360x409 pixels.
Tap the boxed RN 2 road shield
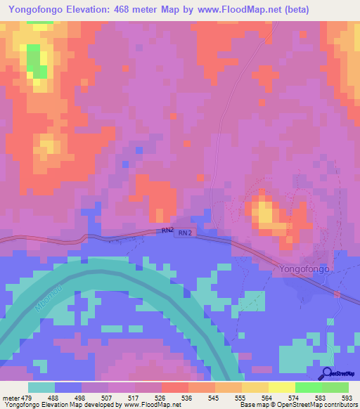tap(184, 233)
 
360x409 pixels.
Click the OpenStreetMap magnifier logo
tap(328, 374)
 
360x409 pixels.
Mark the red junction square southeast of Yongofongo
tap(337, 293)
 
